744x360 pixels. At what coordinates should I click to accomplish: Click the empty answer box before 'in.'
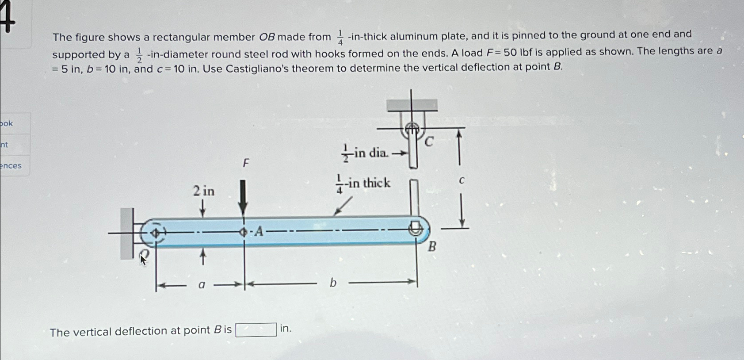[x=256, y=330]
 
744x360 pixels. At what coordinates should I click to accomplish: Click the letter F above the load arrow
[x=246, y=163]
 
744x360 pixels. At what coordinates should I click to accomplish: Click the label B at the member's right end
[x=432, y=247]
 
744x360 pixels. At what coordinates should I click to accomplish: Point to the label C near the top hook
[x=429, y=142]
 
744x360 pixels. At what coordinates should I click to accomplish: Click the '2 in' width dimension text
[x=203, y=191]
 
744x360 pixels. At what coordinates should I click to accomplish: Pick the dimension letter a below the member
[x=202, y=285]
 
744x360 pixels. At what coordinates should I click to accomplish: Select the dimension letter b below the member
[x=333, y=283]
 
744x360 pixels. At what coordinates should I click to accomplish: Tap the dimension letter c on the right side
[x=462, y=180]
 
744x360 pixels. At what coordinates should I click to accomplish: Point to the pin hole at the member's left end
[x=156, y=232]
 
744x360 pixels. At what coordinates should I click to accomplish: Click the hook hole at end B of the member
[x=415, y=229]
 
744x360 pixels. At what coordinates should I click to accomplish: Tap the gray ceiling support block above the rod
[x=412, y=105]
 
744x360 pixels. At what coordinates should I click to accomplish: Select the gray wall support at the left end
[x=126, y=234]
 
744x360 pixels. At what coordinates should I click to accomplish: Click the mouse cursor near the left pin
[x=142, y=260]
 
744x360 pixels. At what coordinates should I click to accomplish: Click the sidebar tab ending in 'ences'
[x=11, y=166]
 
